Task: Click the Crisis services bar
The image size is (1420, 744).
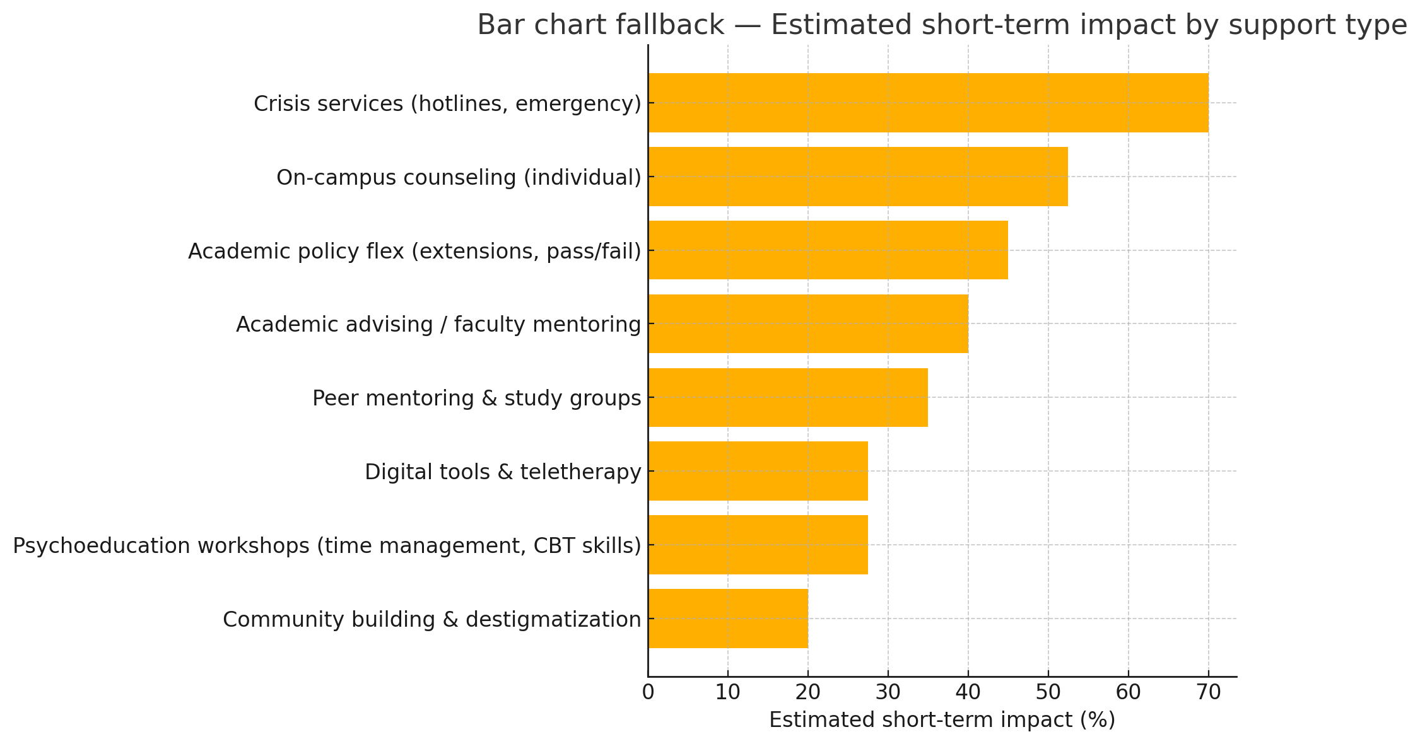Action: click(927, 103)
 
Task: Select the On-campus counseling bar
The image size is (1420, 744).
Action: click(858, 177)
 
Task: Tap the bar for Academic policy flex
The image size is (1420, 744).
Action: click(828, 250)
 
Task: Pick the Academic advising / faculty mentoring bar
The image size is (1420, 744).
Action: click(808, 323)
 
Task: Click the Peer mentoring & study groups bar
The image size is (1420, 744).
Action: click(788, 397)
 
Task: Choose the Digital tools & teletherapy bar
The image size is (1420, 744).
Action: click(758, 471)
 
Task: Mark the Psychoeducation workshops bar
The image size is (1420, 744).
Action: click(758, 545)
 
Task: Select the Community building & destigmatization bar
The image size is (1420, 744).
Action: click(728, 619)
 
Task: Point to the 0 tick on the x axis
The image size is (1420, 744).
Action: click(648, 692)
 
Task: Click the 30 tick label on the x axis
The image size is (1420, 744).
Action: click(888, 692)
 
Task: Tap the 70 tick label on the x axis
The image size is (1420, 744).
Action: click(1209, 692)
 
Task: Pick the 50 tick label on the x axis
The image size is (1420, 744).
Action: click(1048, 692)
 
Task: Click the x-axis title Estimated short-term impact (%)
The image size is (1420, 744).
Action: click(942, 720)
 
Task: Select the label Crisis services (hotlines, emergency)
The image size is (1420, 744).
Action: click(447, 103)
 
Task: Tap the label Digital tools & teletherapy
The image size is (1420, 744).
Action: click(503, 472)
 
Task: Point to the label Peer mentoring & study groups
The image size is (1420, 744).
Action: click(476, 398)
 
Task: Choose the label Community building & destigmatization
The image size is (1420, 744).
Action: click(431, 619)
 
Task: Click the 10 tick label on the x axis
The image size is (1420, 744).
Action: click(728, 692)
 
